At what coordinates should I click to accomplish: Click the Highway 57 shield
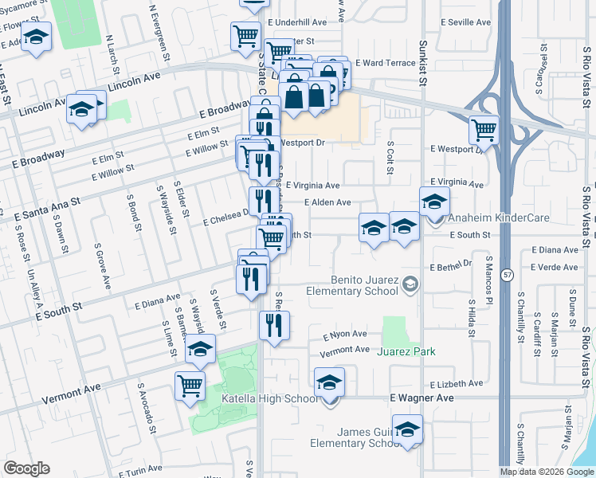[507, 275]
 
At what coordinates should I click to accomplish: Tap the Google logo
[26, 468]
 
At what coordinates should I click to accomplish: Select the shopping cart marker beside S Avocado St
[190, 386]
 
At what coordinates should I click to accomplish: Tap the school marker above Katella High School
[329, 382]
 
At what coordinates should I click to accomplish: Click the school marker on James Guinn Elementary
[407, 430]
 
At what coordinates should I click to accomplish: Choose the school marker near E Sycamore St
[36, 37]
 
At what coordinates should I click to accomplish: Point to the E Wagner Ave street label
[422, 398]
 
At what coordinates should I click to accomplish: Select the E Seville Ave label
[463, 22]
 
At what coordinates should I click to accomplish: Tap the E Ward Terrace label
[386, 63]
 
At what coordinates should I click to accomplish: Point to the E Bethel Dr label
[451, 265]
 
